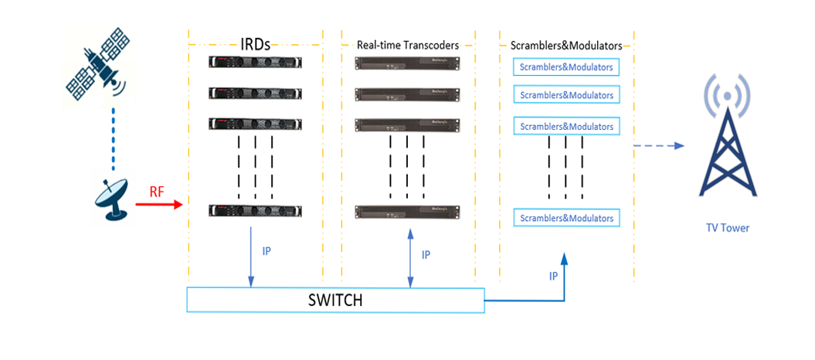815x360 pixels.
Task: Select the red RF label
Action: pos(158,191)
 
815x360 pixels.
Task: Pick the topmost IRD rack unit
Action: pos(256,64)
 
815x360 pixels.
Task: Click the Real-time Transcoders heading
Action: pos(408,46)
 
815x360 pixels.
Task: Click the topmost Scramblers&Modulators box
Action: pos(566,67)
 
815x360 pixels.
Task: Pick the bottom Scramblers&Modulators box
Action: pos(566,218)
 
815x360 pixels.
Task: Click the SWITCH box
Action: pos(335,300)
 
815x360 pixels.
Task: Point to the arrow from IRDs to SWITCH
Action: pos(250,255)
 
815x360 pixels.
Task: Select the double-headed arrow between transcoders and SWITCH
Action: pos(409,256)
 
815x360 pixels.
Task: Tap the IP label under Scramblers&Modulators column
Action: pos(553,276)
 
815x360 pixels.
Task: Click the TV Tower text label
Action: pos(727,228)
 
